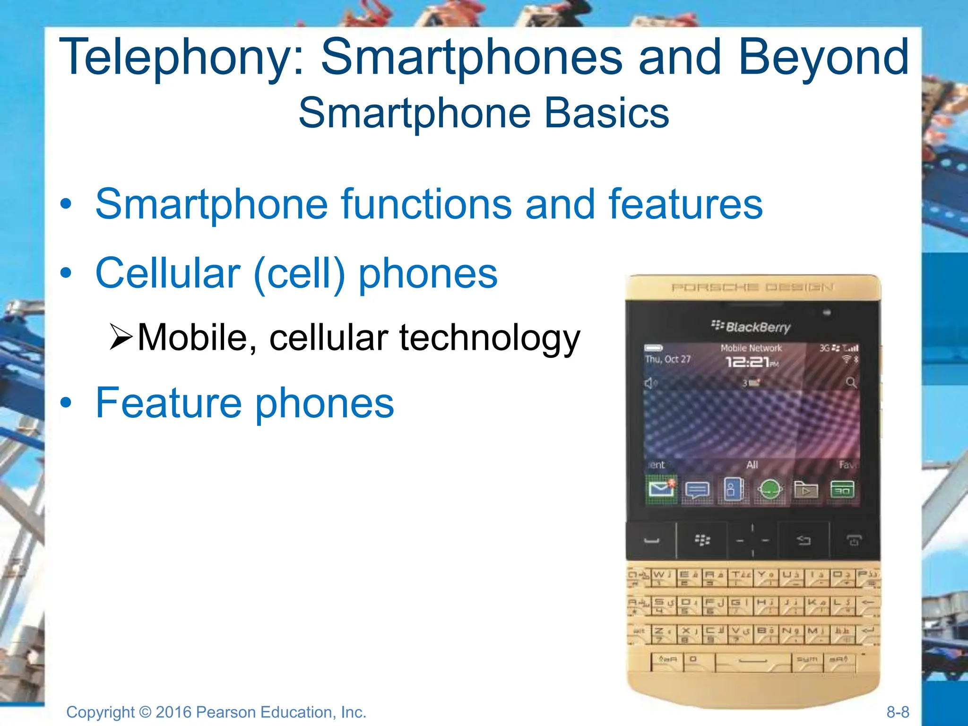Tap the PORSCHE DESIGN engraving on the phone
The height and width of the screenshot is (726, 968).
click(x=752, y=287)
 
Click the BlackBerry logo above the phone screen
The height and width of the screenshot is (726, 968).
click(x=751, y=327)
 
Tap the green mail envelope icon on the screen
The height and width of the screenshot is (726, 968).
click(x=660, y=489)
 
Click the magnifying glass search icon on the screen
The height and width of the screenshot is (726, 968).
click(x=851, y=382)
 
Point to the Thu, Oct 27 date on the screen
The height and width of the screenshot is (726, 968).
click(x=668, y=359)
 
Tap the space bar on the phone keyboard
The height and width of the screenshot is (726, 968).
click(x=753, y=661)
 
